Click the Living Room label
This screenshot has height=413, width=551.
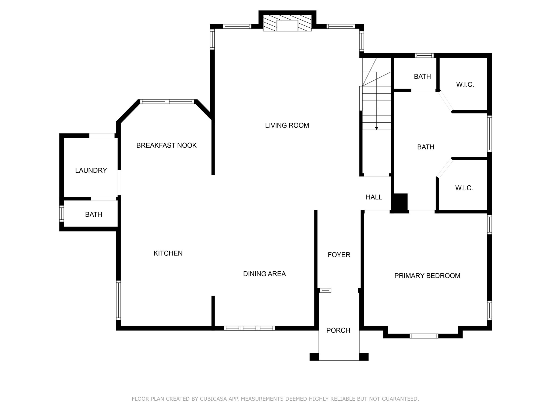(287, 125)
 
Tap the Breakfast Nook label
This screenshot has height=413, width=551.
(167, 145)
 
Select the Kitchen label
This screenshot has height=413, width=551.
(168, 253)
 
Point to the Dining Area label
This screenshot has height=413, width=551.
(264, 274)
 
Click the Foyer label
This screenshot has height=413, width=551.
(339, 255)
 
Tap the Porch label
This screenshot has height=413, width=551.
(338, 330)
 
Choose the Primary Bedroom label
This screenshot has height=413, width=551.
(427, 276)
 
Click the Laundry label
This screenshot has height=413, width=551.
(91, 170)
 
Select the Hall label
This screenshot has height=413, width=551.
(374, 197)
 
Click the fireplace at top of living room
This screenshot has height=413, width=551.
(287, 23)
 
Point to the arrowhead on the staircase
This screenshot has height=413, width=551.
(377, 128)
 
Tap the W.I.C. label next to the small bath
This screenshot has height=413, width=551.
(465, 85)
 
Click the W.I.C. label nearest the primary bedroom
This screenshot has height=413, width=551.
(464, 188)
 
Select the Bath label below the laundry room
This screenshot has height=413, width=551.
(94, 215)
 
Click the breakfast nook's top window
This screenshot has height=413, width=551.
(167, 102)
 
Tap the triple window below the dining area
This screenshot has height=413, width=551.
(249, 328)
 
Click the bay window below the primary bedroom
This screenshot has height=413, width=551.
(424, 336)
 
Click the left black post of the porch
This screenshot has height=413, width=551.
(314, 357)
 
